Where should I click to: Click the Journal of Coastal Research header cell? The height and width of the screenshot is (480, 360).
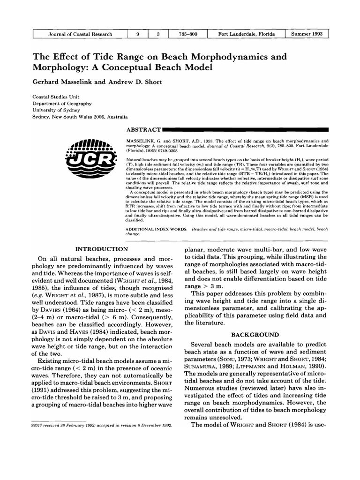pyautogui.click(x=80, y=34)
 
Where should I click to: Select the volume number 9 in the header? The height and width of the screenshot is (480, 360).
pyautogui.click(x=138, y=34)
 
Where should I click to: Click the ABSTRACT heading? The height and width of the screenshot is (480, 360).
pyautogui.click(x=143, y=128)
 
